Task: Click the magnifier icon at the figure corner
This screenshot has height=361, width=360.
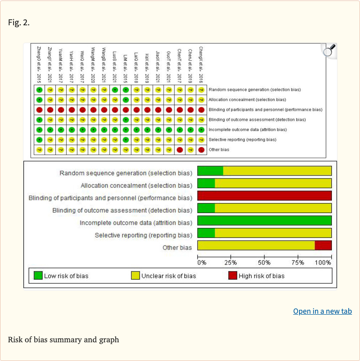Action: [x=330, y=50]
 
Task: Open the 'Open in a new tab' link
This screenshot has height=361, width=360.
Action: [x=322, y=311]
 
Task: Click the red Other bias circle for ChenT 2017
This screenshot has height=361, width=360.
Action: [x=180, y=149]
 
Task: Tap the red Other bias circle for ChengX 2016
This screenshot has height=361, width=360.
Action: [x=201, y=149]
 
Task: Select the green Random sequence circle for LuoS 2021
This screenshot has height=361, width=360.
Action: [x=115, y=89]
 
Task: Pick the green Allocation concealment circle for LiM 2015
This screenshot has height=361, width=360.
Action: [x=126, y=100]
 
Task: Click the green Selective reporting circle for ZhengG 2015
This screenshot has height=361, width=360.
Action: [x=39, y=140]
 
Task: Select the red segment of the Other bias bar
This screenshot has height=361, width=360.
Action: [x=323, y=245]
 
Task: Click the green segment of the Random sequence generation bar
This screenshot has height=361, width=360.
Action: [x=210, y=170]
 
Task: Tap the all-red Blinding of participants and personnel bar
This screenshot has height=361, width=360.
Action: [x=264, y=196]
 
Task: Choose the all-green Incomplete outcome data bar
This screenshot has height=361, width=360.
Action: [x=264, y=221]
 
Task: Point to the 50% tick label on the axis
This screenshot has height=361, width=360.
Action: [x=264, y=263]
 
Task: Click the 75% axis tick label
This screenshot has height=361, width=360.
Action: [x=298, y=263]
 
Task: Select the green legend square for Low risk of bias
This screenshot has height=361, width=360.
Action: [x=38, y=275]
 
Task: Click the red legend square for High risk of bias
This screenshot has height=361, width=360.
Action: [x=232, y=275]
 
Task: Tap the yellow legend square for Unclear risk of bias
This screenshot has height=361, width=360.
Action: [x=135, y=275]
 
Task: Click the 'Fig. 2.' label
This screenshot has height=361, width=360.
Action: [x=19, y=22]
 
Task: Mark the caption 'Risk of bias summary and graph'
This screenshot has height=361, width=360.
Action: [x=63, y=339]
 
